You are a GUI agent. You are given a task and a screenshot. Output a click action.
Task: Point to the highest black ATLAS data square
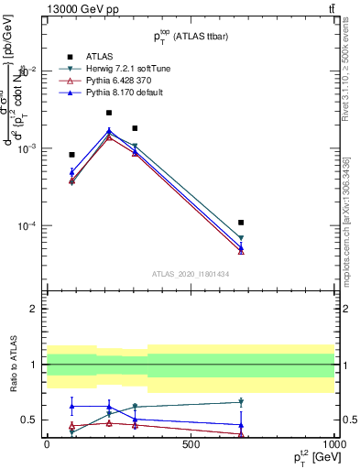[109, 113]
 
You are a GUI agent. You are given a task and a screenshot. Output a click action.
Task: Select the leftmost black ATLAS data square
[71, 155]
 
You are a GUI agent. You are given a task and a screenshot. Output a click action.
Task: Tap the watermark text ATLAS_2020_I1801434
[191, 273]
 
